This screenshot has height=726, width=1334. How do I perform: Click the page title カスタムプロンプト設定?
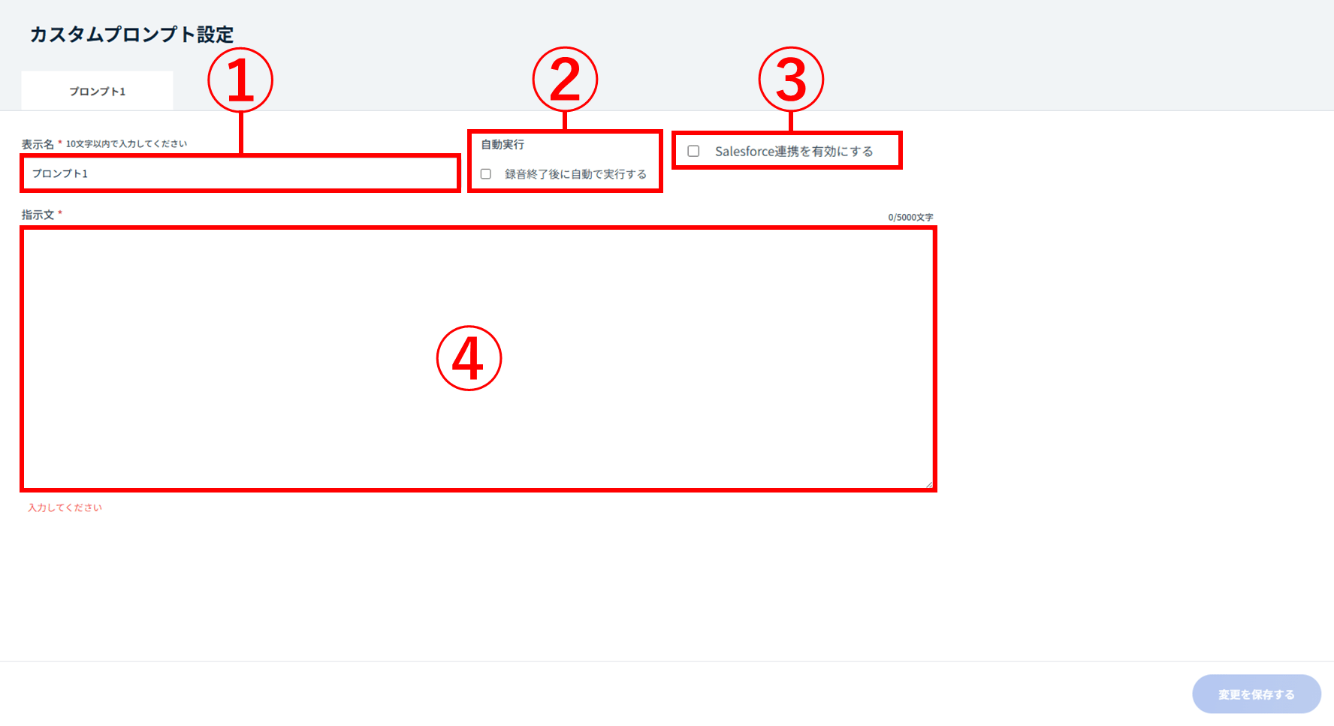click(x=131, y=35)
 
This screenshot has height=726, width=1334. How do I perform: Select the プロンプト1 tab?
click(x=98, y=91)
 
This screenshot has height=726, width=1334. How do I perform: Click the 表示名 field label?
click(x=38, y=144)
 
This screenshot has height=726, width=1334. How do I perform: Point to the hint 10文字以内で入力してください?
click(x=126, y=144)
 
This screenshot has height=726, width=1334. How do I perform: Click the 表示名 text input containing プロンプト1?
click(x=240, y=173)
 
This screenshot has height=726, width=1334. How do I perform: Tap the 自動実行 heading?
click(x=503, y=144)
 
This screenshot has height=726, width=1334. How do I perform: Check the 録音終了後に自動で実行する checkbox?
click(x=486, y=174)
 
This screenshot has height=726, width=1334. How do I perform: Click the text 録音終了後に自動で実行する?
click(x=575, y=174)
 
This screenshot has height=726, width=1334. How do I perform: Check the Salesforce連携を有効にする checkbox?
click(x=693, y=151)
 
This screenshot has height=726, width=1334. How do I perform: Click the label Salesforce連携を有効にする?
click(x=794, y=151)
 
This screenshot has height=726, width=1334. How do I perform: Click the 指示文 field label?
click(x=38, y=215)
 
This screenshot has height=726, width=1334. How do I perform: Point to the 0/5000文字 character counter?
click(x=910, y=217)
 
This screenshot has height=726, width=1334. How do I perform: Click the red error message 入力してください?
click(x=65, y=508)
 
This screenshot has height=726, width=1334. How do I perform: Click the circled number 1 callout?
click(x=240, y=80)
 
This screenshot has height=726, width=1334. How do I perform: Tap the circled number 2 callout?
click(x=565, y=79)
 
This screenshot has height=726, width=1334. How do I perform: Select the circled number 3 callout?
click(x=791, y=80)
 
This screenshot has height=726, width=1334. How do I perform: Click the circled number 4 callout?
click(x=469, y=358)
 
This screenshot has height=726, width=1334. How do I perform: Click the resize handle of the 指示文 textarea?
click(x=929, y=484)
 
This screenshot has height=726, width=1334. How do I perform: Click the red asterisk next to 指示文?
click(x=60, y=213)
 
